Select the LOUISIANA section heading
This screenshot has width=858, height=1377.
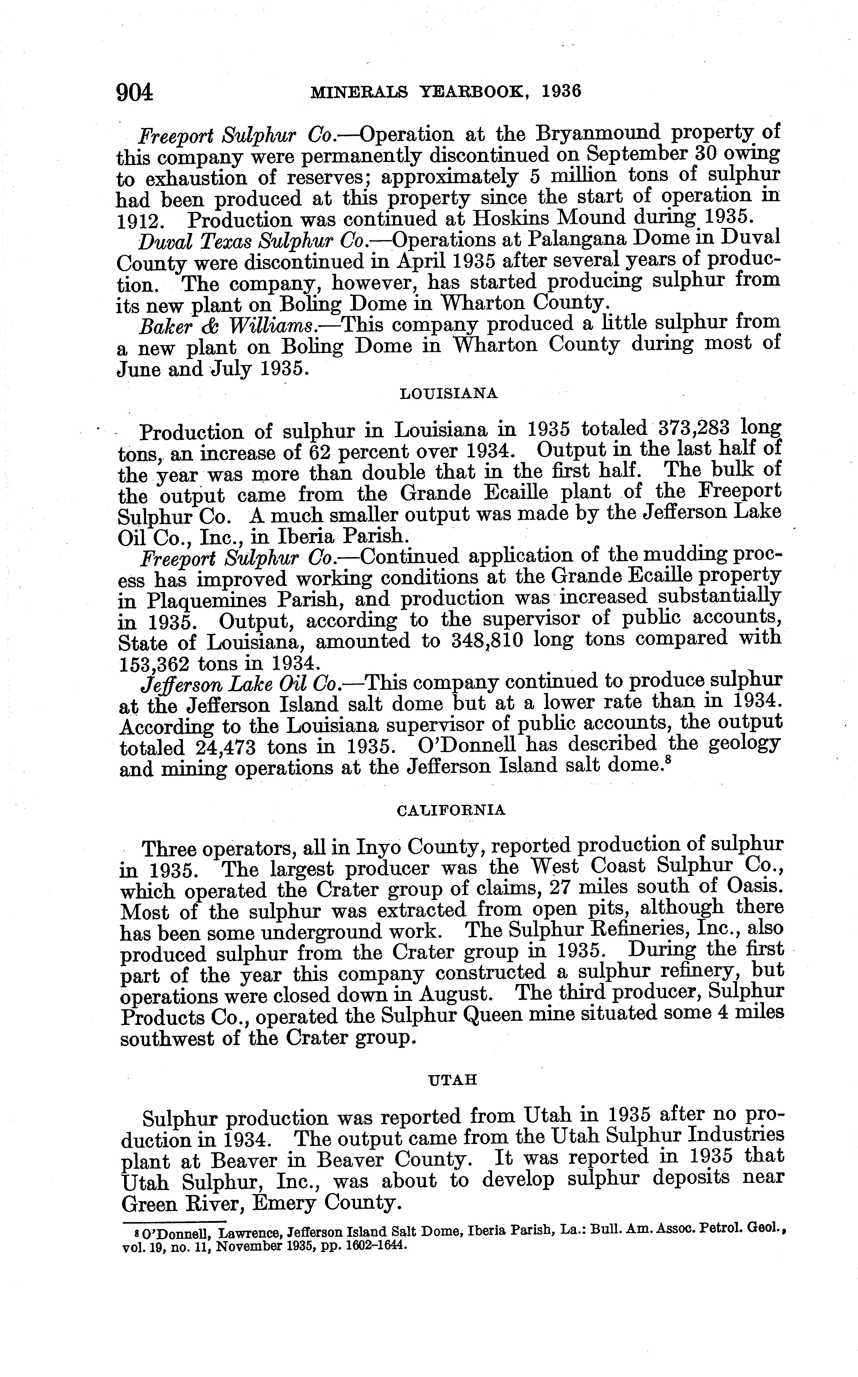click(449, 394)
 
